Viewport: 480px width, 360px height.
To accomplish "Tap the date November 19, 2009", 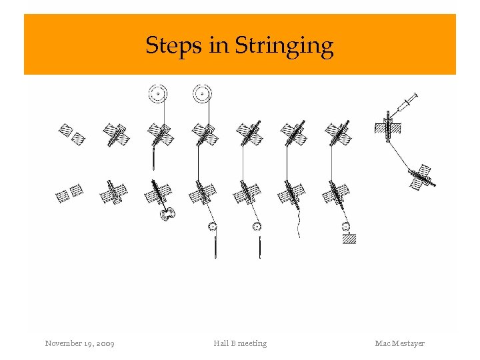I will [x=79, y=343].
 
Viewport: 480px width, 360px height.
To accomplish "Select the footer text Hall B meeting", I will [x=240, y=343].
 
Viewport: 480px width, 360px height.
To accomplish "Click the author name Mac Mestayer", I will [x=399, y=343].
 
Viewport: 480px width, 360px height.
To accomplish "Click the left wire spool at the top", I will [x=158, y=94].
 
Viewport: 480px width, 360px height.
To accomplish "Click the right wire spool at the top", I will [x=201, y=94].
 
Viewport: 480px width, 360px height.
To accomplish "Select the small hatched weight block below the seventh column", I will [x=349, y=239].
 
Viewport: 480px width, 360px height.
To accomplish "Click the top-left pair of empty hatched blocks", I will [x=71, y=133].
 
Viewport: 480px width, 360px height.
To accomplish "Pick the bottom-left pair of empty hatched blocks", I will [x=69, y=193].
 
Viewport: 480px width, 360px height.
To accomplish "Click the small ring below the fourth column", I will [x=213, y=227].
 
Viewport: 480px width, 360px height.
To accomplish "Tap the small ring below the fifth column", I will [x=257, y=227].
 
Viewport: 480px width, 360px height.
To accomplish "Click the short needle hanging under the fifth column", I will [x=259, y=247].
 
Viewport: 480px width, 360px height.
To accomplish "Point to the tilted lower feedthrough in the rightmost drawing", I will [x=421, y=177].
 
